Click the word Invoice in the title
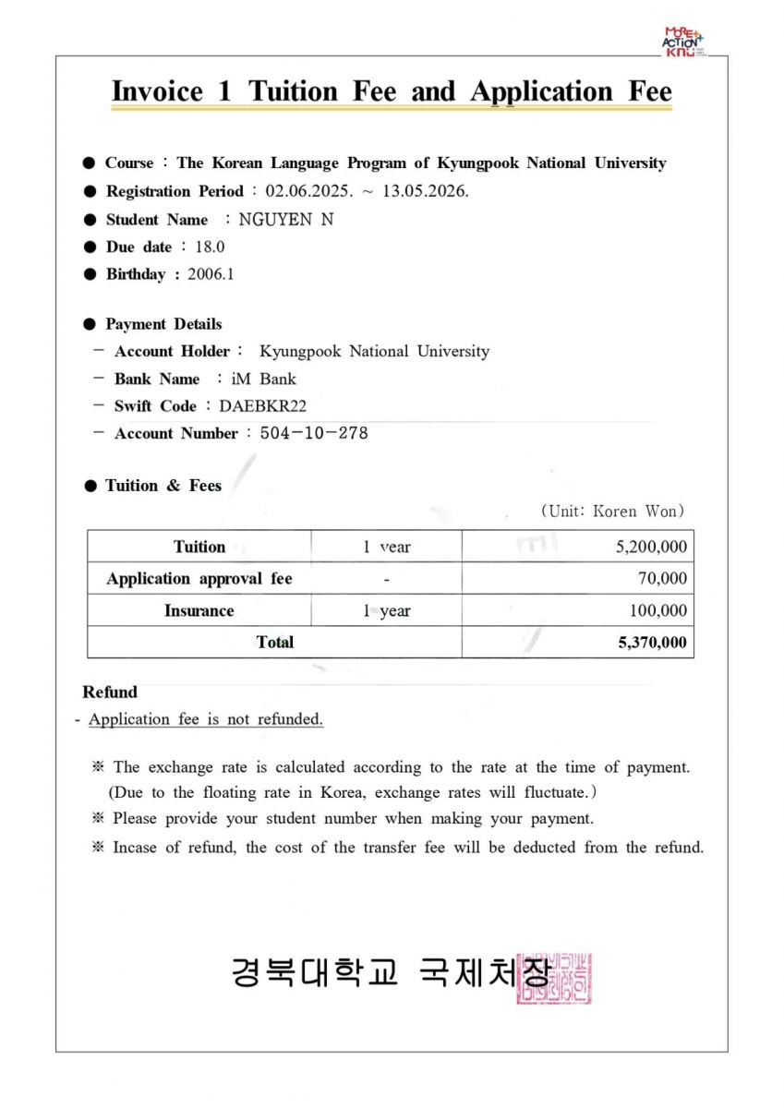(157, 92)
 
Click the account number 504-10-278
(314, 433)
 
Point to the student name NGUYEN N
(286, 220)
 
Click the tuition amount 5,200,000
(651, 547)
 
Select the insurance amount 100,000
(657, 610)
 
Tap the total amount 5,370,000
(652, 643)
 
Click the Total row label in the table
(274, 643)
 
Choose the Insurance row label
(199, 610)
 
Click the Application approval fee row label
(199, 579)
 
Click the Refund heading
(109, 692)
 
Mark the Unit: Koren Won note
(612, 511)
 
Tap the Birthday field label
(135, 274)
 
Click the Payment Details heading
(163, 324)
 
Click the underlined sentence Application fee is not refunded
(205, 719)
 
